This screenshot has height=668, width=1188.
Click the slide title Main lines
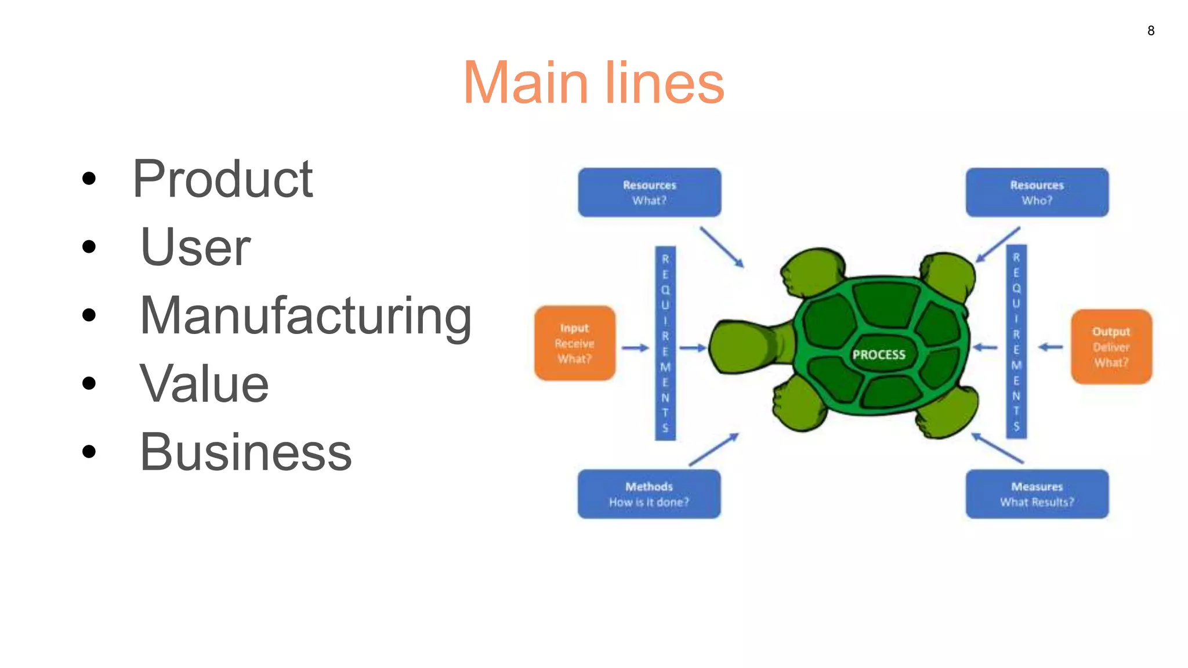(x=593, y=83)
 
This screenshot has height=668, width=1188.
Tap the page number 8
(x=1151, y=31)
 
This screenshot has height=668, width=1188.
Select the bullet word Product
(x=223, y=179)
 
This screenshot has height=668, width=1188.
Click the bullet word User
(x=195, y=248)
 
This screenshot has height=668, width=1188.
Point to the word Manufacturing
(x=306, y=316)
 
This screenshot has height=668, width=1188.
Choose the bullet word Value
(x=204, y=384)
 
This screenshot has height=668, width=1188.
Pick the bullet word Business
(x=245, y=452)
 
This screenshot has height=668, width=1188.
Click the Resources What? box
(x=649, y=193)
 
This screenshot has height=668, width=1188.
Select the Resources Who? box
(x=1037, y=193)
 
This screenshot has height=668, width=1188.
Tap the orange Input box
(x=574, y=343)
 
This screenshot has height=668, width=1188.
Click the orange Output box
(x=1111, y=347)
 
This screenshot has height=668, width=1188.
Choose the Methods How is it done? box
(x=649, y=494)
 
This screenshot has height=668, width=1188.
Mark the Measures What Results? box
(x=1037, y=494)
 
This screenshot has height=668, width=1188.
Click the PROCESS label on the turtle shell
(x=878, y=354)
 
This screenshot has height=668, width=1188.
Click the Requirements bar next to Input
(x=665, y=343)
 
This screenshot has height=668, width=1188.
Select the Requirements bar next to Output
(x=1016, y=342)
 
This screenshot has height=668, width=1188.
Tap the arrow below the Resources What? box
(x=722, y=247)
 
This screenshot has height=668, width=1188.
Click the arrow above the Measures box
(x=997, y=448)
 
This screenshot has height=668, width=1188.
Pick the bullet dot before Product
(x=89, y=179)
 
